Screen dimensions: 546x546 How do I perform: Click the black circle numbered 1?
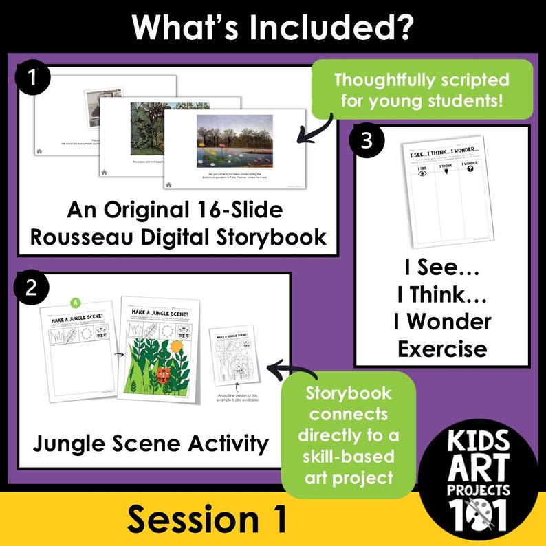tap(33, 80)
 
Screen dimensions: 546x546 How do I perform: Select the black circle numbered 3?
tap(366, 141)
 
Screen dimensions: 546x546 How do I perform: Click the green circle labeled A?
tap(76, 301)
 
